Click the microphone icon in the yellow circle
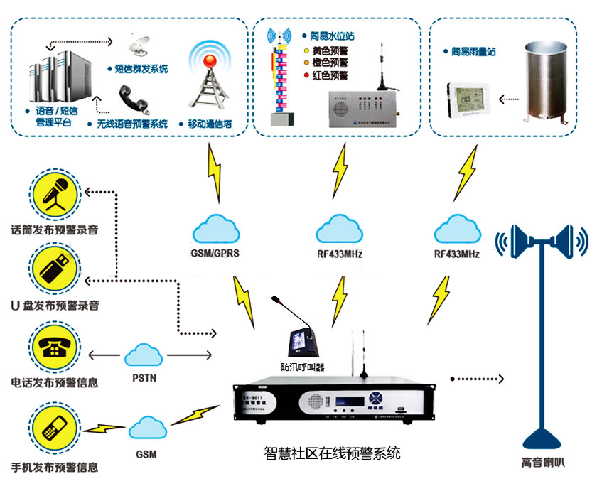54,195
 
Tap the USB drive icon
54,269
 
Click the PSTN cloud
144,354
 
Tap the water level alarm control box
362,108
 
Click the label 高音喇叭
542,463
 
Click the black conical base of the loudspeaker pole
543,435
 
